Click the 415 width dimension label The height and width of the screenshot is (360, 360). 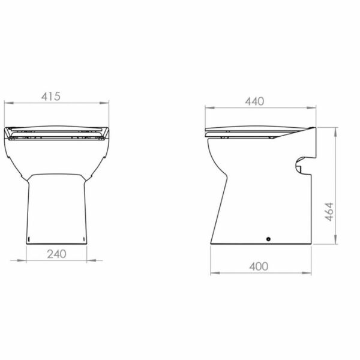click(x=51, y=97)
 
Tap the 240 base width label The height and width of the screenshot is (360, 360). click(x=57, y=254)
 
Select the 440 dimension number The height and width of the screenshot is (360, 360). click(x=254, y=101)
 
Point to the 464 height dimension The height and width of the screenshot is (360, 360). click(x=329, y=212)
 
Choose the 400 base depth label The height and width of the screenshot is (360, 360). click(x=259, y=266)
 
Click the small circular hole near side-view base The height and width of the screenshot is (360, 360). click(x=268, y=239)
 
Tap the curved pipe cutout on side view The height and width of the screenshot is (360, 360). click(x=298, y=165)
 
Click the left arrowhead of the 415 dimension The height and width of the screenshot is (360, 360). click(x=9, y=103)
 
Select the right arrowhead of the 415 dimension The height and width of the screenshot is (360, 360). click(x=104, y=103)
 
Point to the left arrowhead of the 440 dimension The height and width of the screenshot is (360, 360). click(x=209, y=107)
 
